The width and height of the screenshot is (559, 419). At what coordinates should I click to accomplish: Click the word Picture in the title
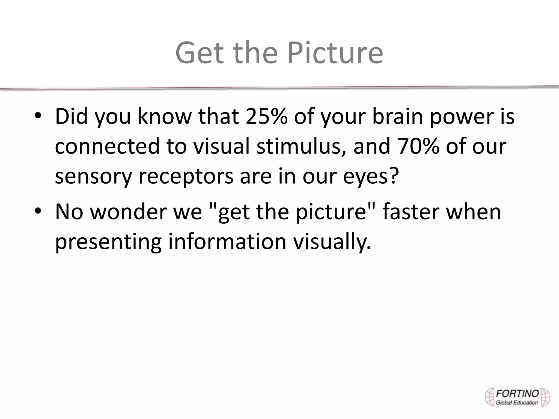coord(335,53)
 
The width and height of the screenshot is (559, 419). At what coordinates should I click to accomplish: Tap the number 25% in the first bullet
coord(266,116)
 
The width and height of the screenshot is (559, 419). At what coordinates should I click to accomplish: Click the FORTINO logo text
coord(517,393)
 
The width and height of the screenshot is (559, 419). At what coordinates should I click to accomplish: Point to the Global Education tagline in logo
coord(517,402)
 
